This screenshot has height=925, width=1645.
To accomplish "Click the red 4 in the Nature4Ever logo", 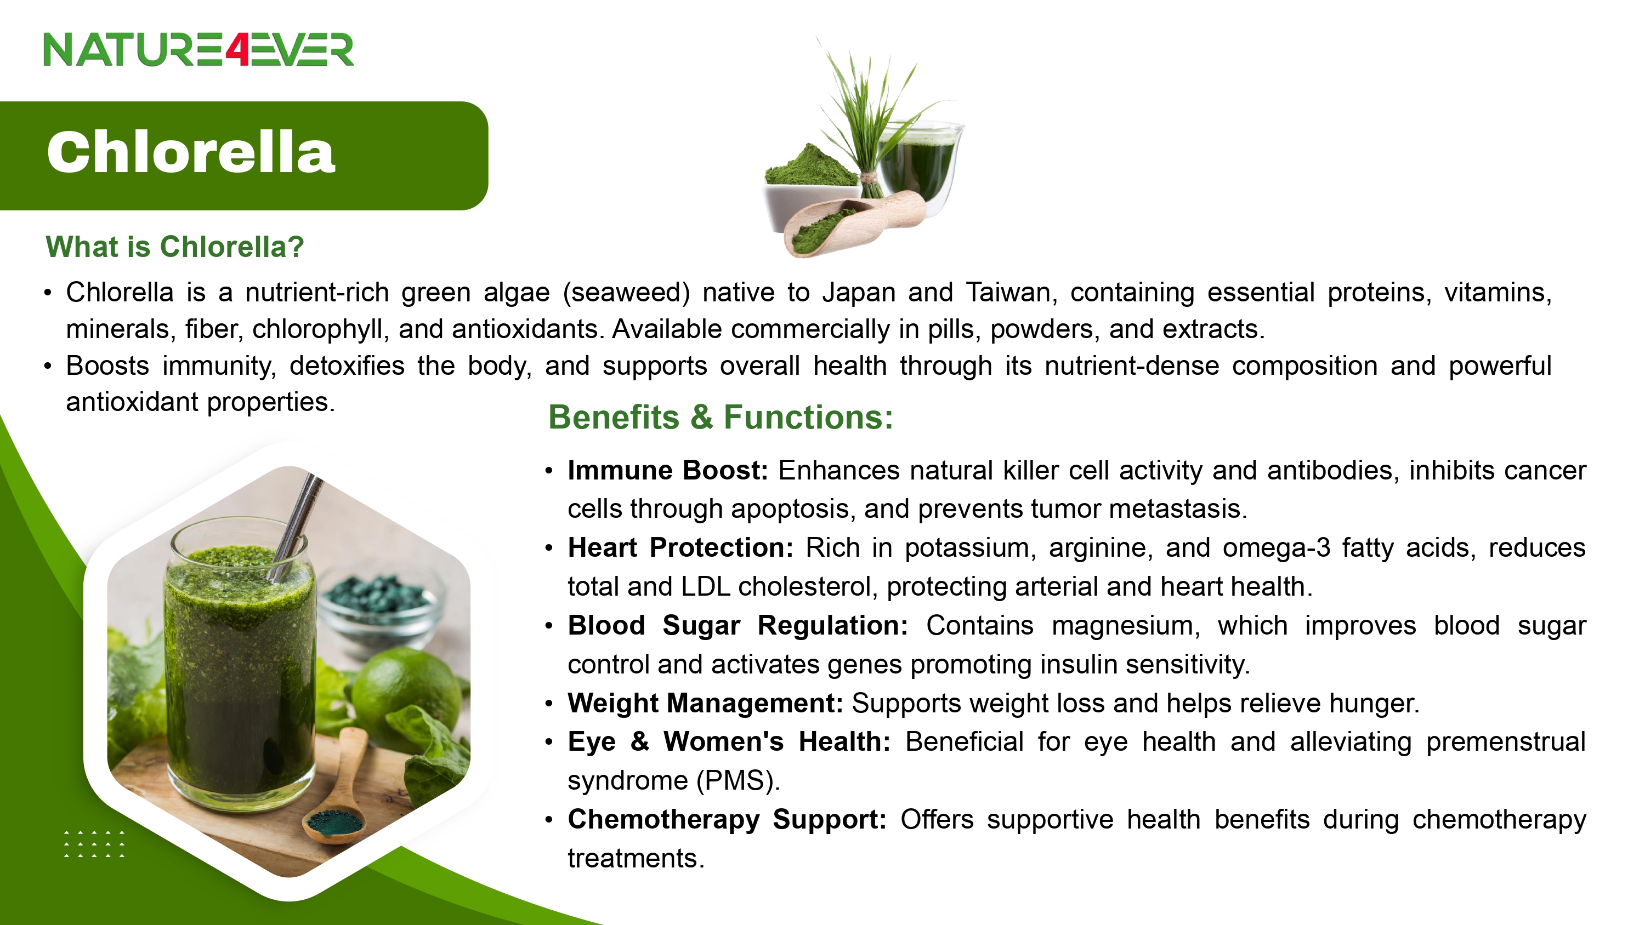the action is (237, 50).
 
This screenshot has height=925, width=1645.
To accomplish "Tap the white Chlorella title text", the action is (190, 152).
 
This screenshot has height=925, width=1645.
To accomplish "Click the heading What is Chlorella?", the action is (174, 247).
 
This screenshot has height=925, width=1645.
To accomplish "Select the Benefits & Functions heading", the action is (721, 418).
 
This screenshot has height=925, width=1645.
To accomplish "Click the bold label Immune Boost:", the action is (668, 471).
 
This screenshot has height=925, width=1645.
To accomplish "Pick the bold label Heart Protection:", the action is (680, 548).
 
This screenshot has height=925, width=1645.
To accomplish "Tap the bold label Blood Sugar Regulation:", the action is (738, 626).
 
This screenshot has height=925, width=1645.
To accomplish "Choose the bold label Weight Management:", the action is (706, 704).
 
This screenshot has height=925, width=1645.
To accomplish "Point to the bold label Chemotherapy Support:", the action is (727, 820).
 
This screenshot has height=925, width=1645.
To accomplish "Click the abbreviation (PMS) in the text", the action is (738, 781).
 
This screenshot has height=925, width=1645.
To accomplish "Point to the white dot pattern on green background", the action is (94, 844).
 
